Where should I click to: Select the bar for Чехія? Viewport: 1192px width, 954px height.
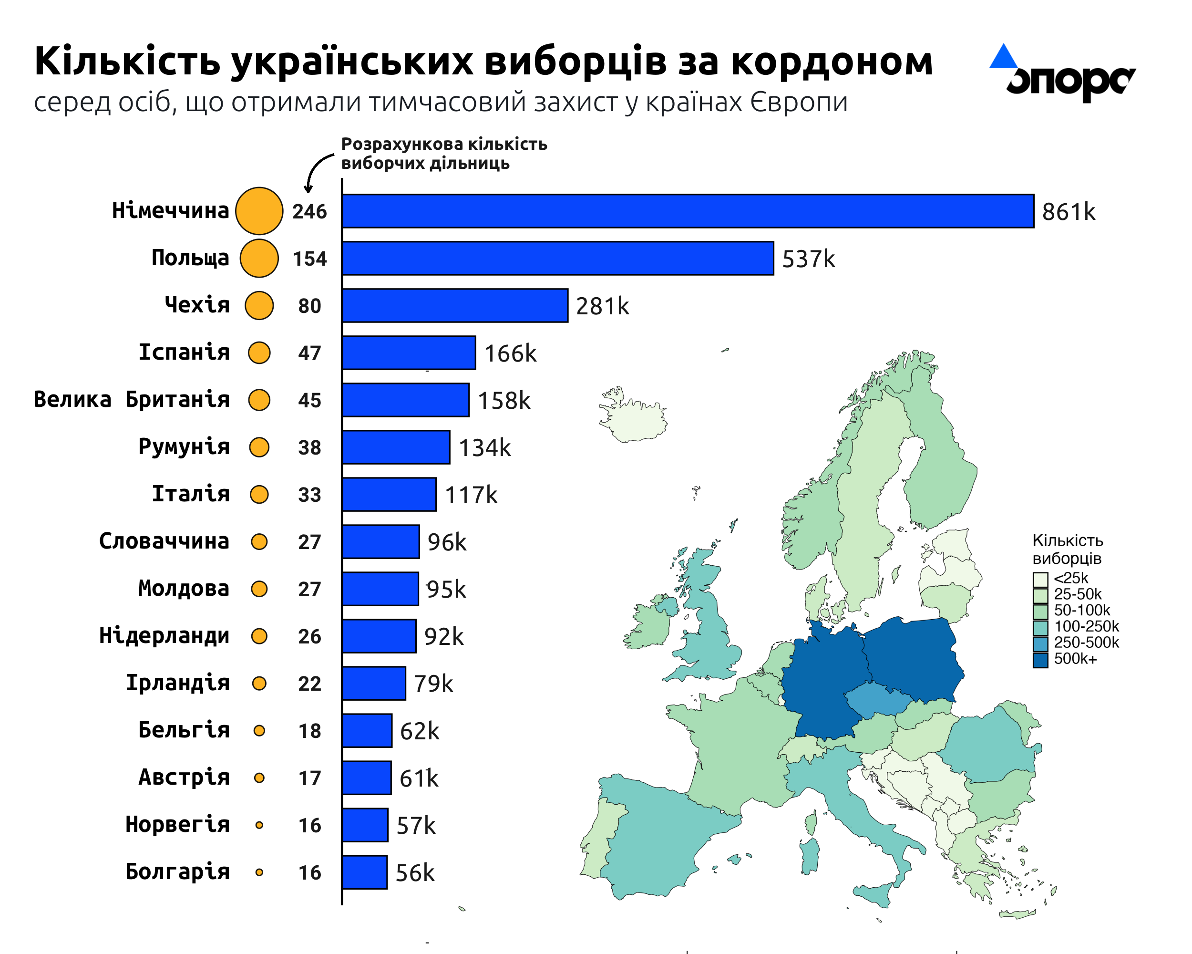point(455,305)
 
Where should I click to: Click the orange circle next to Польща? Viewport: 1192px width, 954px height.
point(259,258)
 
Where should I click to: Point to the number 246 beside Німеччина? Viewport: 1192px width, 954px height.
point(309,211)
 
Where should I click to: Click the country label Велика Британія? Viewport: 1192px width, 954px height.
point(132,399)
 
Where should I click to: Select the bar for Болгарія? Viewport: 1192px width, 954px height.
point(365,872)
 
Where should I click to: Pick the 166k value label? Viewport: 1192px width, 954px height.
point(510,353)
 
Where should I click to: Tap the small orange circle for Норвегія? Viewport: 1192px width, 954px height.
point(259,825)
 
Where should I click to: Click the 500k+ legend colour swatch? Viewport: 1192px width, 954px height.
point(1040,660)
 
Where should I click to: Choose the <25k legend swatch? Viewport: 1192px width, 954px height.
point(1040,580)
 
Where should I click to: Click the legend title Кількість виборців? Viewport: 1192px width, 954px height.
point(1068,549)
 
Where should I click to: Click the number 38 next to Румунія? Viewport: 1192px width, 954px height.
point(309,447)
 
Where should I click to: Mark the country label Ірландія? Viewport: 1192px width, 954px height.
point(177,683)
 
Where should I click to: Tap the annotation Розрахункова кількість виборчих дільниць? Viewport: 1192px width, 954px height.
point(444,153)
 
